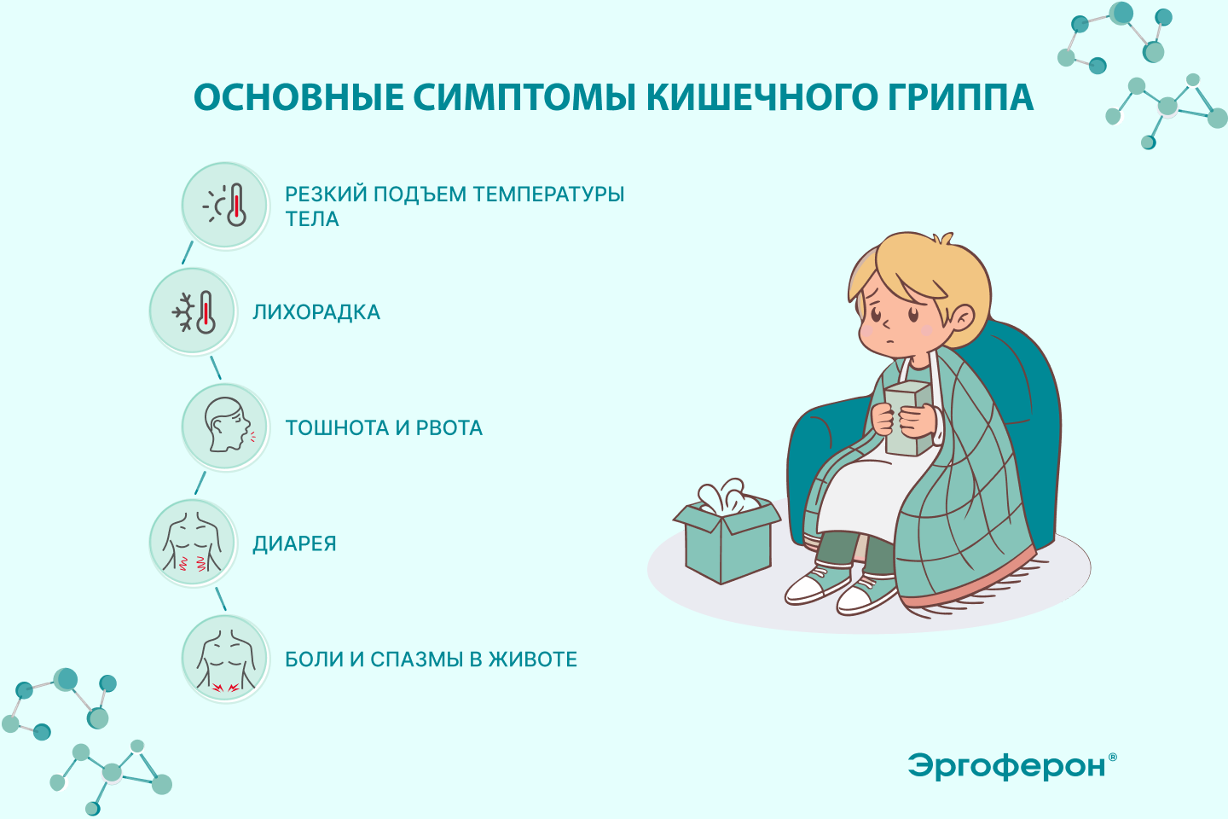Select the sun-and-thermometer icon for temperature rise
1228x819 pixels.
pyautogui.click(x=225, y=205)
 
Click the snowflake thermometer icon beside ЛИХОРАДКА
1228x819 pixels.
pyautogui.click(x=193, y=311)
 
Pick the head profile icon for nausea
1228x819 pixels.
pyautogui.click(x=225, y=427)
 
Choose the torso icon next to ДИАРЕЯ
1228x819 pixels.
pyautogui.click(x=193, y=543)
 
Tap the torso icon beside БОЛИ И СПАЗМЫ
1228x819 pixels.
pyautogui.click(x=225, y=659)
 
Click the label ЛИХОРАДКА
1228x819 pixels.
pyautogui.click(x=316, y=312)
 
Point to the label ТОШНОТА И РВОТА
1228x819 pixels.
pyautogui.click(x=384, y=428)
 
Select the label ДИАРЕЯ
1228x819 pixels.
pyautogui.click(x=294, y=543)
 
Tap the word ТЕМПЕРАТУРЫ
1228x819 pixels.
pyautogui.click(x=548, y=195)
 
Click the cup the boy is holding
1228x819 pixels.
pyautogui.click(x=908, y=419)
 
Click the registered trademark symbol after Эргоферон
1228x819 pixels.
pyautogui.click(x=1112, y=757)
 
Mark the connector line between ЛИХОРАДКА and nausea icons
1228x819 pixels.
pyautogui.click(x=216, y=368)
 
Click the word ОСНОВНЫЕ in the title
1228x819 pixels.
pyautogui.click(x=298, y=97)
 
